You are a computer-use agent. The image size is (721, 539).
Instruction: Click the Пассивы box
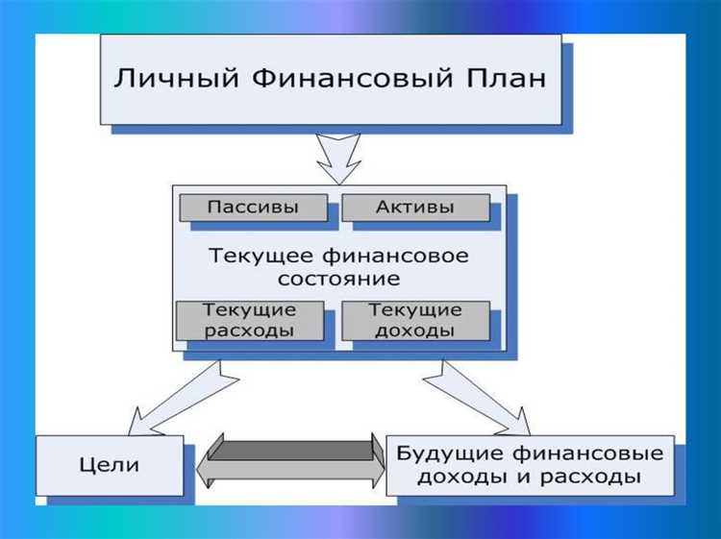(253, 208)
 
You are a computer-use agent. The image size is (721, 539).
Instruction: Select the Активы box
(415, 208)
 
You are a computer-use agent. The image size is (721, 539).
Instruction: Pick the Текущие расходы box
(250, 321)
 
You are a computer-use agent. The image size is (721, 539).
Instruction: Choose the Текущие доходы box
(415, 321)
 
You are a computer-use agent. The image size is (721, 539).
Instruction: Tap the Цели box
(111, 466)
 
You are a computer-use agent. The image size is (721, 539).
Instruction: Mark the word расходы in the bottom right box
(596, 477)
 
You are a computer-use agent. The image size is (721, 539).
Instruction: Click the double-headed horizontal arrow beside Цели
(290, 460)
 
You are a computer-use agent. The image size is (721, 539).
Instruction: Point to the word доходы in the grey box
(415, 331)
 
